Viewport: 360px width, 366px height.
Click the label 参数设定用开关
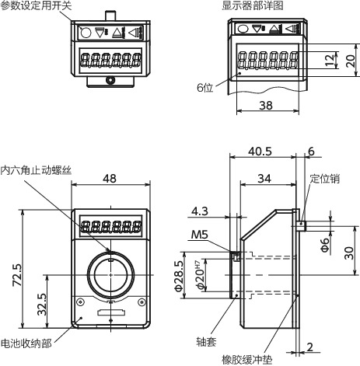point(35,5)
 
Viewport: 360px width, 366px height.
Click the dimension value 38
point(265,105)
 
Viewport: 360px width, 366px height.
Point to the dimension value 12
point(330,59)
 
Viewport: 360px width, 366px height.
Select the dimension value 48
point(110,179)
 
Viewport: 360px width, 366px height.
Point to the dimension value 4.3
point(199,210)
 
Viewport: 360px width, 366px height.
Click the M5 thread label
point(199,235)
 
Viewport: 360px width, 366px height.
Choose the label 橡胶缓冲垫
point(250,359)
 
